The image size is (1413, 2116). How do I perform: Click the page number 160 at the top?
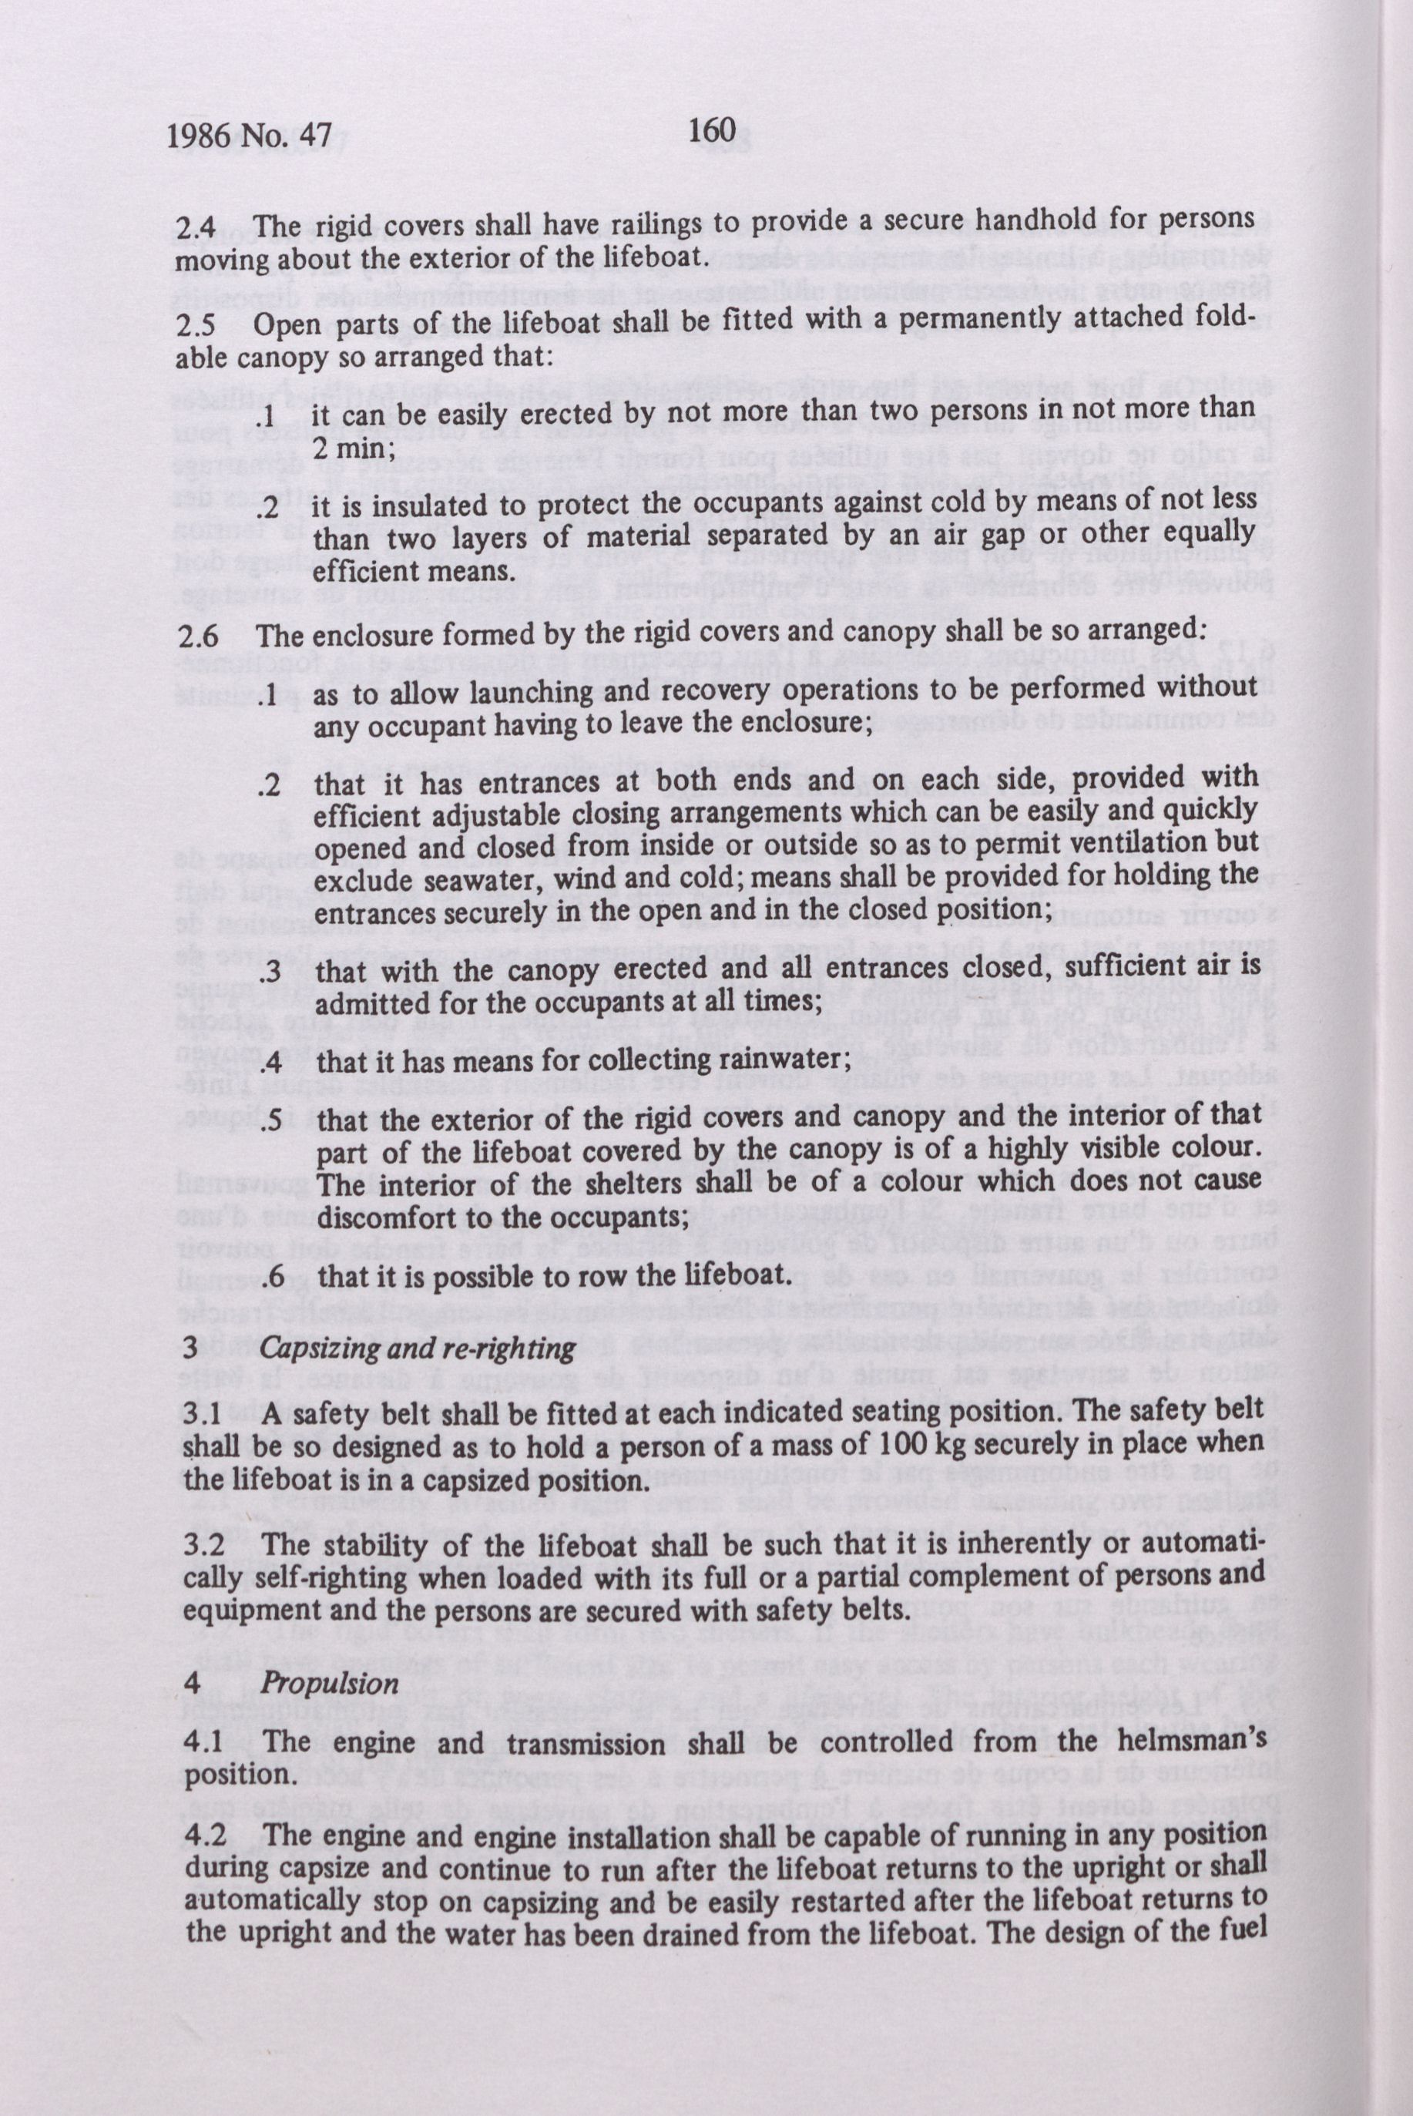point(713,131)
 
